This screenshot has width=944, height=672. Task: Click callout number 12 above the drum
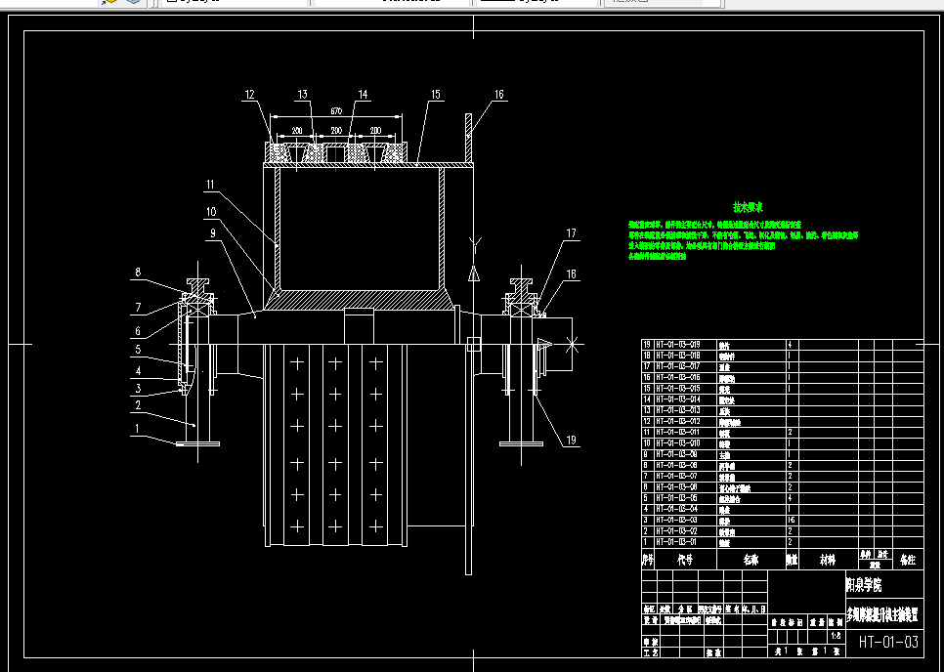[250, 95]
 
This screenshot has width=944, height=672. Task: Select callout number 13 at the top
[303, 95]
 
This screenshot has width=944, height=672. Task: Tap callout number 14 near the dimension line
[363, 95]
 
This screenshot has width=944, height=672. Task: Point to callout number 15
[435, 95]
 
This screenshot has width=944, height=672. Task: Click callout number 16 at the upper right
[498, 95]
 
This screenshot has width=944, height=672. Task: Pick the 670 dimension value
[336, 110]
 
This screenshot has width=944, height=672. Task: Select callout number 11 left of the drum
[210, 184]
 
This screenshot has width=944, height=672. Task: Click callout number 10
[210, 211]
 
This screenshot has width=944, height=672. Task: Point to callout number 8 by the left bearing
[138, 273]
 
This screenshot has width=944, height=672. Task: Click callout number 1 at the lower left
[138, 428]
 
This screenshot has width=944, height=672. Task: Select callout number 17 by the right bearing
[571, 232]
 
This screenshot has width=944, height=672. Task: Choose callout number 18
[571, 274]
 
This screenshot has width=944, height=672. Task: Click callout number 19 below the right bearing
[571, 441]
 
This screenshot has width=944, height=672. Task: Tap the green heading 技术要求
[749, 207]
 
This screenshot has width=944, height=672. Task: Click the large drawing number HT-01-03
[889, 642]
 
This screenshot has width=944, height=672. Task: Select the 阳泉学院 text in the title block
[863, 586]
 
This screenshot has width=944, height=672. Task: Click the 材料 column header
[827, 561]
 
